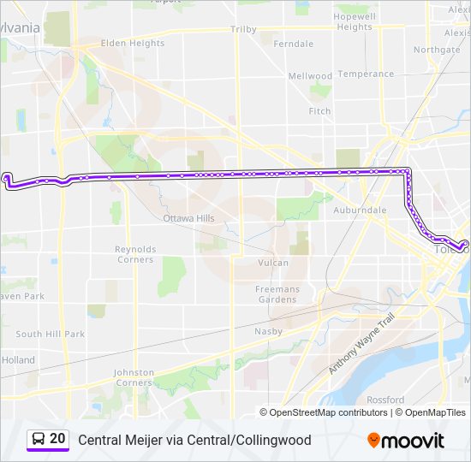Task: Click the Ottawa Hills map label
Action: [x=188, y=218]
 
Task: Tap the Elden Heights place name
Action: [x=132, y=43]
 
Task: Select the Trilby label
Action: [x=243, y=29]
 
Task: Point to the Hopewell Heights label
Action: [x=355, y=21]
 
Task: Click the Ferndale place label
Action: [x=293, y=44]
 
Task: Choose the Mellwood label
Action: [x=309, y=76]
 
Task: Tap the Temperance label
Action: [x=366, y=74]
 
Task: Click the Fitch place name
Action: [x=319, y=111]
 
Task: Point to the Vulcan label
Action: [x=273, y=263]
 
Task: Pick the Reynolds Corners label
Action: [x=135, y=254]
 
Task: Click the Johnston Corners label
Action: [x=134, y=377]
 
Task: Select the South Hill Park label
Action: [x=50, y=334]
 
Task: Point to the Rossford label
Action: [x=385, y=400]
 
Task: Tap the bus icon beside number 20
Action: [x=38, y=439]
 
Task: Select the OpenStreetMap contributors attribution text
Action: [x=328, y=412]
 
